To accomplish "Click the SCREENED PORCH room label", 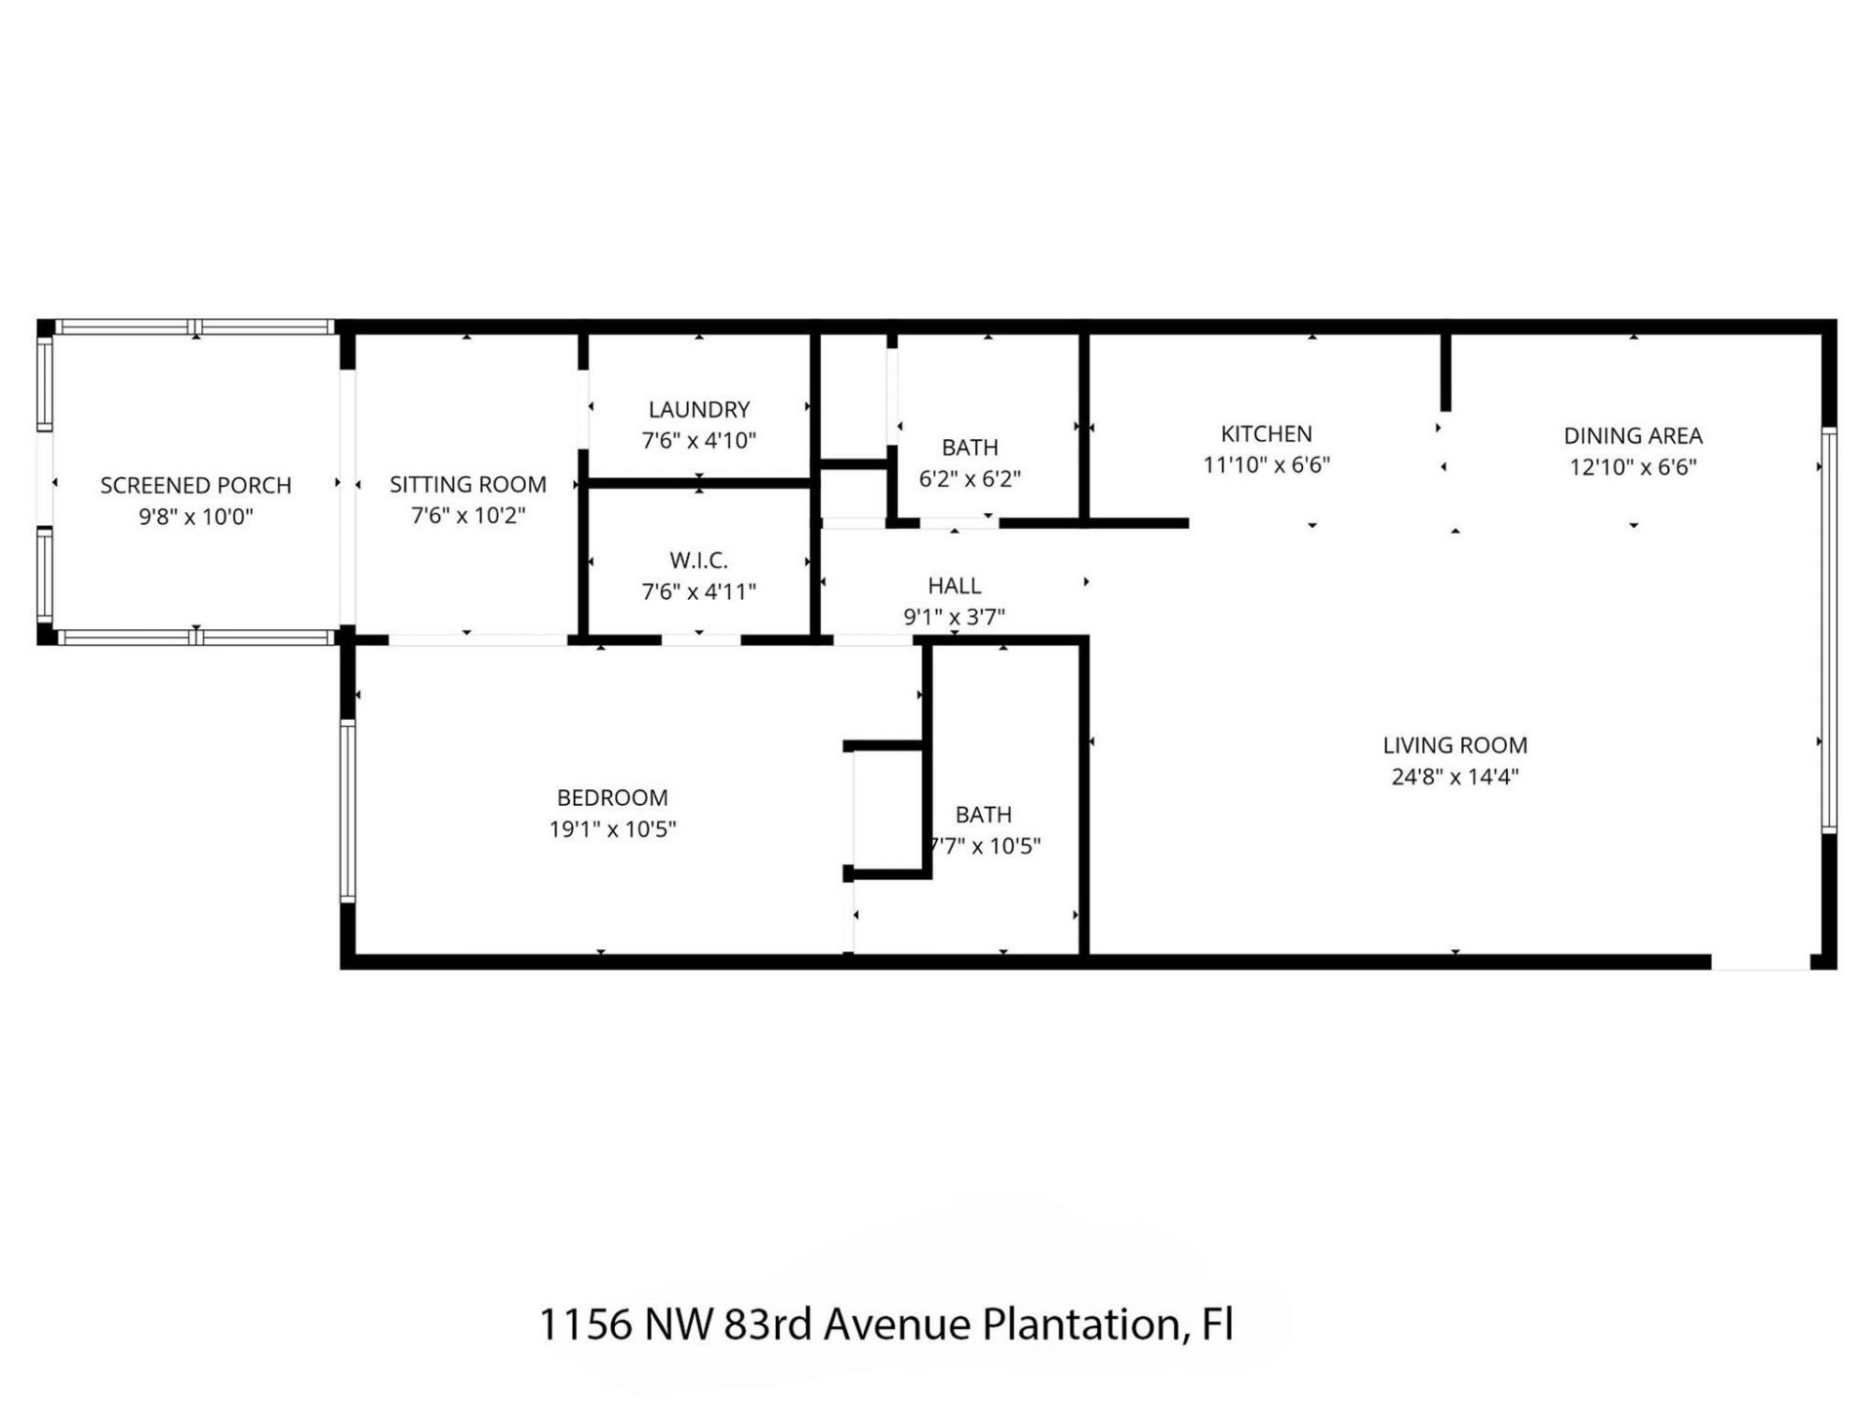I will click(195, 485).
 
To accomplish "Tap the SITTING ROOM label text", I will click(468, 484).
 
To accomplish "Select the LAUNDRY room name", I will click(699, 409).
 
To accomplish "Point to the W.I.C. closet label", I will click(699, 560).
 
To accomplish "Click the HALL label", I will click(954, 585).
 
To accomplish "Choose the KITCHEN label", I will click(1266, 433).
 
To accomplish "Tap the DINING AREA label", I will click(1633, 435).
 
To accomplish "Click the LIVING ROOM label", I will click(1454, 744).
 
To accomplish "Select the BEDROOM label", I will click(612, 797).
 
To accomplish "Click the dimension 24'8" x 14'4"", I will click(1454, 777).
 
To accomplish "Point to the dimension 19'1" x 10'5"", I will click(612, 829).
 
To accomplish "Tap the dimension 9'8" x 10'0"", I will click(195, 516).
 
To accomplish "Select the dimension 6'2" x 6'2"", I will click(969, 479).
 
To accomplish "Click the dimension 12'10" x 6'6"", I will click(1633, 466).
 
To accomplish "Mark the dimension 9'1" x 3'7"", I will click(954, 617).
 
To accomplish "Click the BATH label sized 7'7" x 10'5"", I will click(983, 814).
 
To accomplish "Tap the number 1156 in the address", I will click(584, 1325).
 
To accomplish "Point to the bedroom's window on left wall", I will click(347, 810).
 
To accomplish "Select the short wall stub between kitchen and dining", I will click(1446, 371).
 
